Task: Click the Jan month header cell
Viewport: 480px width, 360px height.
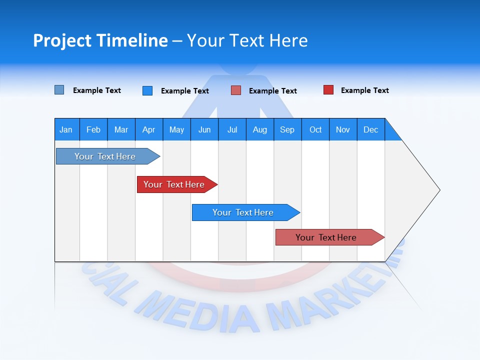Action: click(x=66, y=129)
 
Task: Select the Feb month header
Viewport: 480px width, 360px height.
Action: click(x=93, y=129)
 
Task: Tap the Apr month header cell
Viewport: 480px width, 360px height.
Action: click(x=149, y=129)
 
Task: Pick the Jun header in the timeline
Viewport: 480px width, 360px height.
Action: click(x=204, y=129)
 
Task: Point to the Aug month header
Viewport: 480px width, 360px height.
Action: click(x=260, y=129)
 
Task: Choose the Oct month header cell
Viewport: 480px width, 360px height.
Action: click(x=315, y=129)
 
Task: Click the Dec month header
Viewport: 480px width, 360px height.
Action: click(x=371, y=129)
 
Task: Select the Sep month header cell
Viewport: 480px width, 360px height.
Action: click(x=287, y=129)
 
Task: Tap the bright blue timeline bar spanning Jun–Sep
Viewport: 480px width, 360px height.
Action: click(x=243, y=212)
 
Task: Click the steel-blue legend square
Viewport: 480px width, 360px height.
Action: click(x=59, y=90)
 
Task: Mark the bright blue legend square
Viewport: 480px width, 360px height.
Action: click(x=147, y=90)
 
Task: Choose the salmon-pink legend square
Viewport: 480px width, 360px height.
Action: click(x=236, y=90)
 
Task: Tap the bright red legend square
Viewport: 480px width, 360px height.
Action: click(x=328, y=90)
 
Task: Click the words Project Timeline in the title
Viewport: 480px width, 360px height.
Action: click(x=100, y=40)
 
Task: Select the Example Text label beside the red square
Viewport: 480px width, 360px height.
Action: click(x=364, y=90)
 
